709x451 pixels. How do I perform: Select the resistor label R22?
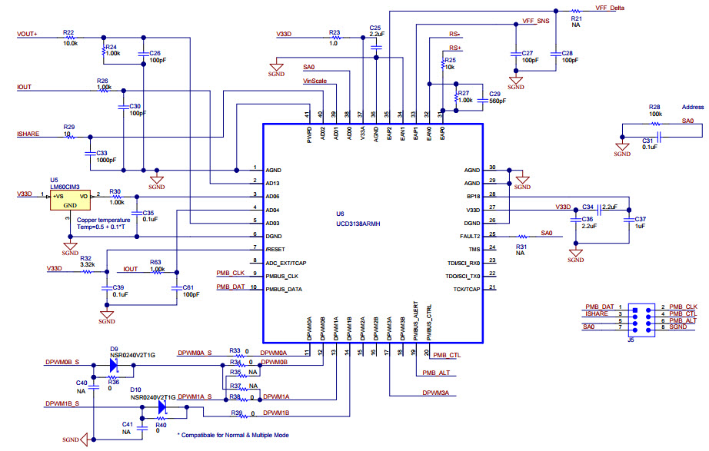coord(69,32)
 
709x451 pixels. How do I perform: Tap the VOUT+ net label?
coord(27,34)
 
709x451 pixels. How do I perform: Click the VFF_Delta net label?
coord(610,7)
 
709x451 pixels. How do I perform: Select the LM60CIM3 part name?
coord(65,186)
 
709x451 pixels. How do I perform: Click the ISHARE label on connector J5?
coord(596,313)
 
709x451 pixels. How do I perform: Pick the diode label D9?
coord(114,348)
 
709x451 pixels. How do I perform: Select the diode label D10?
coord(135,390)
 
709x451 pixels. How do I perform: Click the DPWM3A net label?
coord(434,393)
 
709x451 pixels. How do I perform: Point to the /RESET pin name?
coord(275,248)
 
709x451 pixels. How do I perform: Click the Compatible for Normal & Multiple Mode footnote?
coord(233,436)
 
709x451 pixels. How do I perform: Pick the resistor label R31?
coord(521,245)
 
